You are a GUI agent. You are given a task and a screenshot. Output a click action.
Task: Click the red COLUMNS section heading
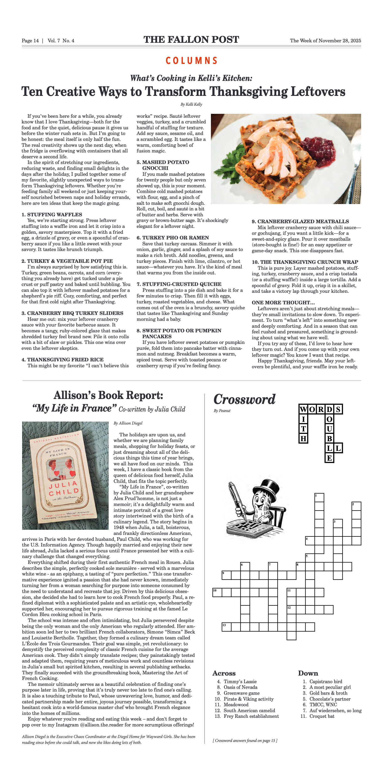point(191,61)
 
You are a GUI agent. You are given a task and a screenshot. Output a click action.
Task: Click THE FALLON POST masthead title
point(191,40)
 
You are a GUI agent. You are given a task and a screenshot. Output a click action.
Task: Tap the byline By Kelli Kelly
point(191,104)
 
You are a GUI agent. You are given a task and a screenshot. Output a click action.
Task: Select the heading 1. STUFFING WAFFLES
point(52,214)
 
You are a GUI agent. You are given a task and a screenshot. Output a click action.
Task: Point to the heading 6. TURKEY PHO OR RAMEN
point(173,237)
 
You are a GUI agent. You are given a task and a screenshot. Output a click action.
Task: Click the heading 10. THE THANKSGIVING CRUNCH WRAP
point(305,262)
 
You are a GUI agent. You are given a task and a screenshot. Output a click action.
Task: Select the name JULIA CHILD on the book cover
point(64,488)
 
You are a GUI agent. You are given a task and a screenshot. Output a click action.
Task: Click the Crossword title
point(244,399)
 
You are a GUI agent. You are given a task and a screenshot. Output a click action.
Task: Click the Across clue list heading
point(224,673)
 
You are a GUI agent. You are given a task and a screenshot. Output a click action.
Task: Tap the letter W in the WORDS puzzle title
point(303,410)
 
